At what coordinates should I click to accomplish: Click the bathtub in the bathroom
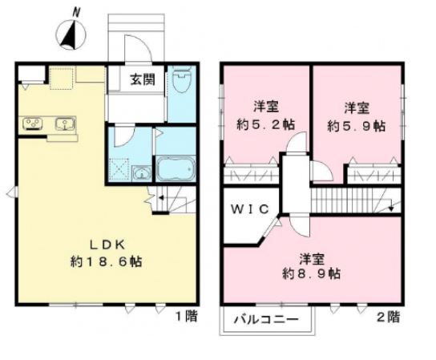[174, 170]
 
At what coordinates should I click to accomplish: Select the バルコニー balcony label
[266, 320]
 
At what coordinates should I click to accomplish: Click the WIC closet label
[246, 209]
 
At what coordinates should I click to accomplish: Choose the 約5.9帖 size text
[356, 126]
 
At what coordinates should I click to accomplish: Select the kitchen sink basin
[63, 123]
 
